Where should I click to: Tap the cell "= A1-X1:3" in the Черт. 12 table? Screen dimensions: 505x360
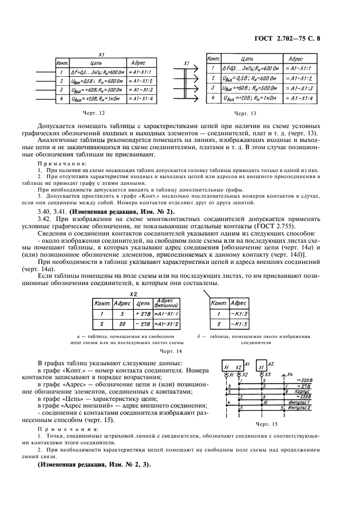point(140,89)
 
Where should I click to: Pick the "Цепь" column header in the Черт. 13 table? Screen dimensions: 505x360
point(249,58)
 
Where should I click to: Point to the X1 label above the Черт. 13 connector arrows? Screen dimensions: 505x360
point(187,63)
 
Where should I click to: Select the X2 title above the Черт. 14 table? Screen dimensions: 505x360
point(133,293)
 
